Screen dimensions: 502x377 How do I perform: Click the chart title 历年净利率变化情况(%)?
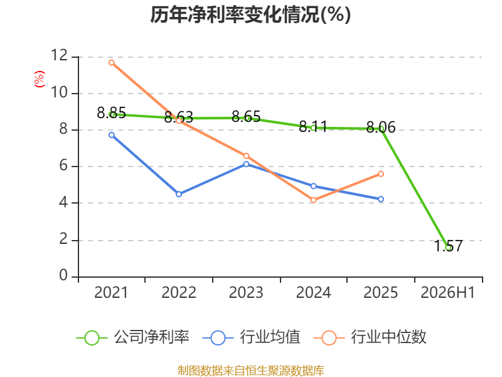250,14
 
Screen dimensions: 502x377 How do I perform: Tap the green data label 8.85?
112,113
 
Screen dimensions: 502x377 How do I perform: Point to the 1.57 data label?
448,246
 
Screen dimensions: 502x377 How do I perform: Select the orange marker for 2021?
112,63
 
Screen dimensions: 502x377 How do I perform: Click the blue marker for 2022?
179,194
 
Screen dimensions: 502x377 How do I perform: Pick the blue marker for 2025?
381,199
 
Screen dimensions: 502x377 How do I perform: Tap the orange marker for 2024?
313,200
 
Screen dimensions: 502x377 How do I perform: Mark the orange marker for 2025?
381,174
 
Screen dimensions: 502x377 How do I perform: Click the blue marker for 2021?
112,135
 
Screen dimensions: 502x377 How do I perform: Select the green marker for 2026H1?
448,248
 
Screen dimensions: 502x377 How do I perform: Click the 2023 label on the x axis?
246,292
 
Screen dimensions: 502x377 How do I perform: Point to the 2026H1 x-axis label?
447,292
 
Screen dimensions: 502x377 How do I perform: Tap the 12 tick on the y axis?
60,55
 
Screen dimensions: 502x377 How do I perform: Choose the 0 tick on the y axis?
63,275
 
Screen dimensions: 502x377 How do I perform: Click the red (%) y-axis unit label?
40,79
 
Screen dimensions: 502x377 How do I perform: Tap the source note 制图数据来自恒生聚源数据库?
251,371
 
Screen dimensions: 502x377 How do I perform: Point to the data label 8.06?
381,128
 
